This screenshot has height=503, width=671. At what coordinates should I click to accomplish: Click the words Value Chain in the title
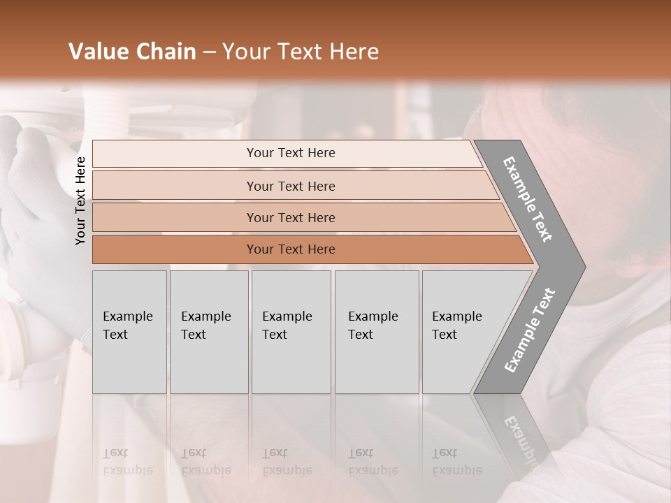(x=132, y=52)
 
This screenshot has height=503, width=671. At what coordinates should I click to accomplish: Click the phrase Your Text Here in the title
(x=301, y=52)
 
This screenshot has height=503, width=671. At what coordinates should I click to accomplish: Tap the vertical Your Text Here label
(x=80, y=201)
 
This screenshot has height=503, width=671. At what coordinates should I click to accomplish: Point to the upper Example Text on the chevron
(x=528, y=199)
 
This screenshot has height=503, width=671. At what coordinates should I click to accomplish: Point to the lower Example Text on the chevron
(x=530, y=330)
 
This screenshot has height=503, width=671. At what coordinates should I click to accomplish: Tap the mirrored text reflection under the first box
(x=127, y=462)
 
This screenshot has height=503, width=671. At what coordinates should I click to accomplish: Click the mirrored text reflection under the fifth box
(x=456, y=462)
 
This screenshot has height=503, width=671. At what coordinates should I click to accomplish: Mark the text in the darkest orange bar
(x=291, y=249)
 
